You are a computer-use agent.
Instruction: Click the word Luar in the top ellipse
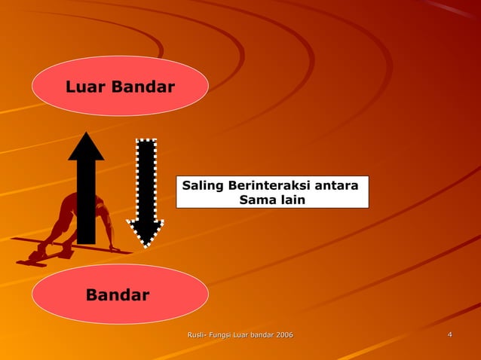point(86,87)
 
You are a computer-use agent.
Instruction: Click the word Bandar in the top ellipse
point(142,87)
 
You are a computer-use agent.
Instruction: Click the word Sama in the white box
point(255,200)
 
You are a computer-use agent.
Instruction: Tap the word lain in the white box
point(290,200)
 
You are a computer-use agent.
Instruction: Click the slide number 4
point(449,334)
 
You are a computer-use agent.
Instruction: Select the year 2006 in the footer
point(283,334)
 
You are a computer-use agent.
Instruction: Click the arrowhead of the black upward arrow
point(86,147)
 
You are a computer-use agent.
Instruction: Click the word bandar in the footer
point(259,334)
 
